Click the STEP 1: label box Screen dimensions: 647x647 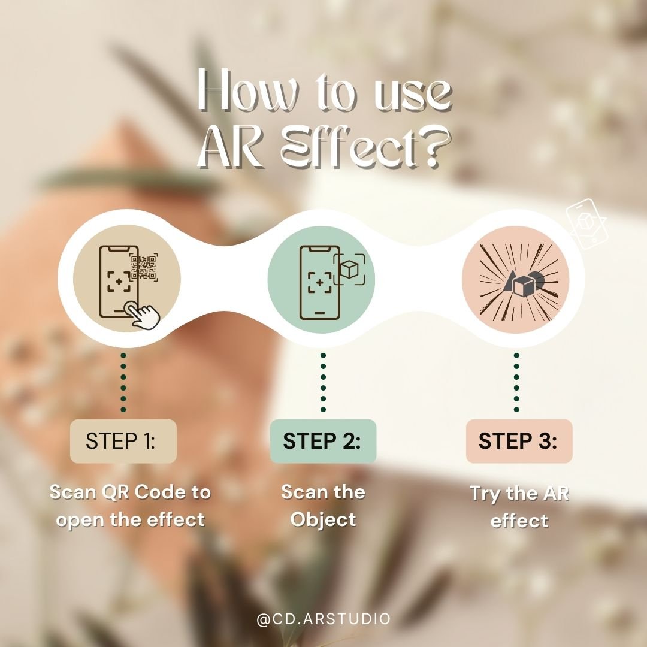point(123,441)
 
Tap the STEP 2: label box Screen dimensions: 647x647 point(323,441)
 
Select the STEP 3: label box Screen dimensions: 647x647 point(519,441)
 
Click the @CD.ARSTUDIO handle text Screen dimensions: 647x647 point(323,619)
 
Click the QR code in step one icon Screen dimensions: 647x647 point(144,267)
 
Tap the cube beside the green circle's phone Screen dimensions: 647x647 point(349,269)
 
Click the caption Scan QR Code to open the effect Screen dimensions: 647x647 point(130,506)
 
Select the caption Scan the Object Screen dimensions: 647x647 point(323,506)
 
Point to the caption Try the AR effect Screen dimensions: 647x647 point(519,507)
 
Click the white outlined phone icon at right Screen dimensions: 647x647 point(586,224)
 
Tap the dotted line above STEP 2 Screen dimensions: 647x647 point(323,382)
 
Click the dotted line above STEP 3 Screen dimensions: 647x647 point(516,382)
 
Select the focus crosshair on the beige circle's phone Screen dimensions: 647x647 point(119,282)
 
